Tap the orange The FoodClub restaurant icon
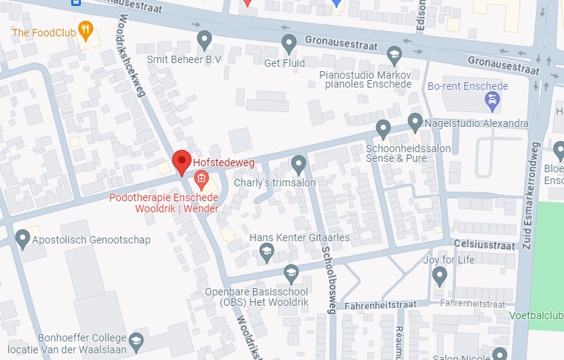click(87, 32)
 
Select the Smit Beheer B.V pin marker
click(204, 40)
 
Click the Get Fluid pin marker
click(289, 43)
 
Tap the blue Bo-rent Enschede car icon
click(491, 100)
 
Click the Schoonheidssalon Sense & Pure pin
click(383, 128)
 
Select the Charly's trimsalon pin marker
click(299, 164)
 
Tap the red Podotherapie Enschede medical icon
click(201, 180)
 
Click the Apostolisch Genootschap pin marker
click(22, 238)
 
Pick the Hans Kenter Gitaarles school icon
click(266, 254)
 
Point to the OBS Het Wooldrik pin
click(291, 272)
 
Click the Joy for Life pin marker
click(439, 276)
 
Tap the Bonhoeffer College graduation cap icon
click(136, 341)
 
